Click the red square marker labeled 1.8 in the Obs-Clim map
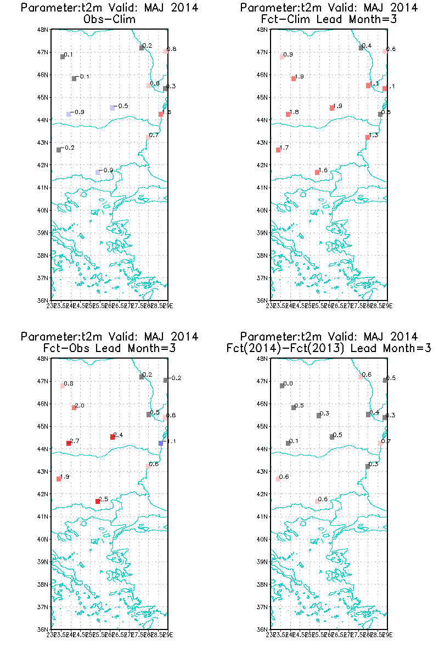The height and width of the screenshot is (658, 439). [x=161, y=114]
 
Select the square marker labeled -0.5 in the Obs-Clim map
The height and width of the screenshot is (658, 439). [x=112, y=108]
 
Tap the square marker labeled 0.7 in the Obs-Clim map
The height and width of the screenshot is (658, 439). [x=148, y=137]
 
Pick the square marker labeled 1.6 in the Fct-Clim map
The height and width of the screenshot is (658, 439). [x=317, y=172]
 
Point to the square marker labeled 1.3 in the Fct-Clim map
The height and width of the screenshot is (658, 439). [x=368, y=137]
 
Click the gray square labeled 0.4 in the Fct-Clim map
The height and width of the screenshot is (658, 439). [x=361, y=48]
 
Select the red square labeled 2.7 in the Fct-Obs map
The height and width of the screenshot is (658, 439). [x=69, y=443]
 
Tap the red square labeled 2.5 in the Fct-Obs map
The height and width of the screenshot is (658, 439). [x=98, y=501]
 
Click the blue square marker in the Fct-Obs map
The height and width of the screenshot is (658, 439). [x=161, y=443]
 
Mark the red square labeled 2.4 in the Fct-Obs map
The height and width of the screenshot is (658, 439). [x=112, y=437]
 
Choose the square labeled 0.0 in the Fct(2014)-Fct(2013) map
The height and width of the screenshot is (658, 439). [x=282, y=385]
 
